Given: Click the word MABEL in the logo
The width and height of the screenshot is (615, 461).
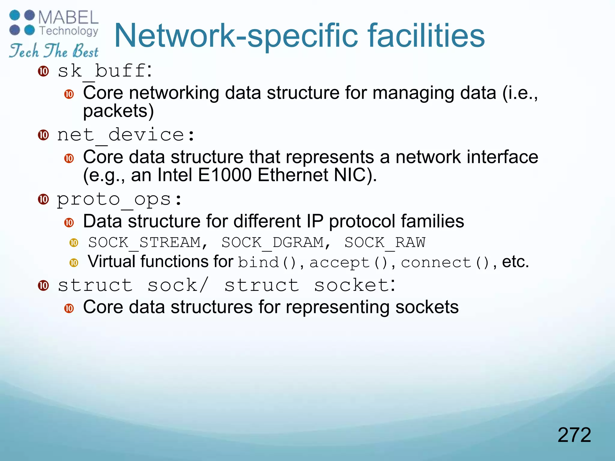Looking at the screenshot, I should (68, 17).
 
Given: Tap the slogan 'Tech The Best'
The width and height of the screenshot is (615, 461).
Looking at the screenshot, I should (54, 50).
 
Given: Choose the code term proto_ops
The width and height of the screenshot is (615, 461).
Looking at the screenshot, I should (114, 199).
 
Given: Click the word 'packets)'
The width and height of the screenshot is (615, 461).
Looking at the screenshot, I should (118, 111).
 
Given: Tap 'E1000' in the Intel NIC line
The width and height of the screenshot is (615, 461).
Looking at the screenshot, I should (225, 175).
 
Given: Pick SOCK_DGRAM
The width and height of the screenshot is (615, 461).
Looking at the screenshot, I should (273, 243).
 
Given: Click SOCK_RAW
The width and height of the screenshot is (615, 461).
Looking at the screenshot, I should (385, 243).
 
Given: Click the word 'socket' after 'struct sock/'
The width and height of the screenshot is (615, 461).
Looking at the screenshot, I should (351, 285).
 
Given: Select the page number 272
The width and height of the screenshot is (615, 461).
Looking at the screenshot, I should (574, 435).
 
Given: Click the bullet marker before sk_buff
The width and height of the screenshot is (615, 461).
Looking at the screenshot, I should (44, 71).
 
